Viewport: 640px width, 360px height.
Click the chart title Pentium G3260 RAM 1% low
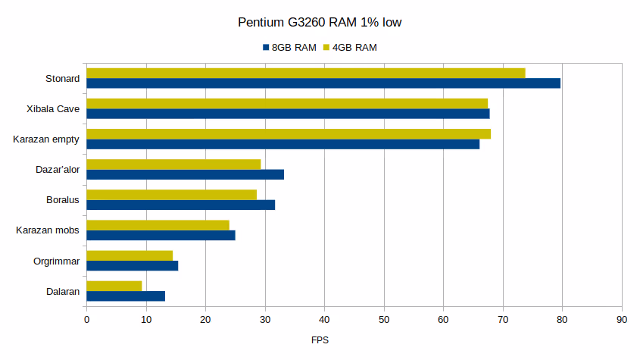pos(320,23)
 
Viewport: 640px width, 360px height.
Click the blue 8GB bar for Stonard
pos(323,83)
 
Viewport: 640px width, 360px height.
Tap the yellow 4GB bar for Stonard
pos(306,73)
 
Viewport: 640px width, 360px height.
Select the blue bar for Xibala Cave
pos(288,114)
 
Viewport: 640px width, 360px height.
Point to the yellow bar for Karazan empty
pos(289,134)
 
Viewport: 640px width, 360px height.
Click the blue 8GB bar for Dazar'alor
pos(186,174)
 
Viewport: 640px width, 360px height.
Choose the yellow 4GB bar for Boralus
pos(172,195)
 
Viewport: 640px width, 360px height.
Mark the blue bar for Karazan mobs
pos(161,235)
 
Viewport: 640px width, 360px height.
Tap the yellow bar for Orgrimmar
pos(130,255)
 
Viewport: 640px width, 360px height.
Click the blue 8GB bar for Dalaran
pos(126,296)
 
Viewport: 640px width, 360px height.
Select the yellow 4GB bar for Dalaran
pos(114,286)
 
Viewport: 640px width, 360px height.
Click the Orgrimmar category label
pos(57,261)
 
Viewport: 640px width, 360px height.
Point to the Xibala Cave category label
pos(53,108)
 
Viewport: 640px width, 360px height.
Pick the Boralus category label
pos(63,199)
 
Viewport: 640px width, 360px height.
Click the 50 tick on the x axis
pos(384,321)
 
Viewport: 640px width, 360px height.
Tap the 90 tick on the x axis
pos(622,321)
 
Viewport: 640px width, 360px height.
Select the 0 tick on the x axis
pos(86,321)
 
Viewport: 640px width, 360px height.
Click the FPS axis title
pos(320,340)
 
